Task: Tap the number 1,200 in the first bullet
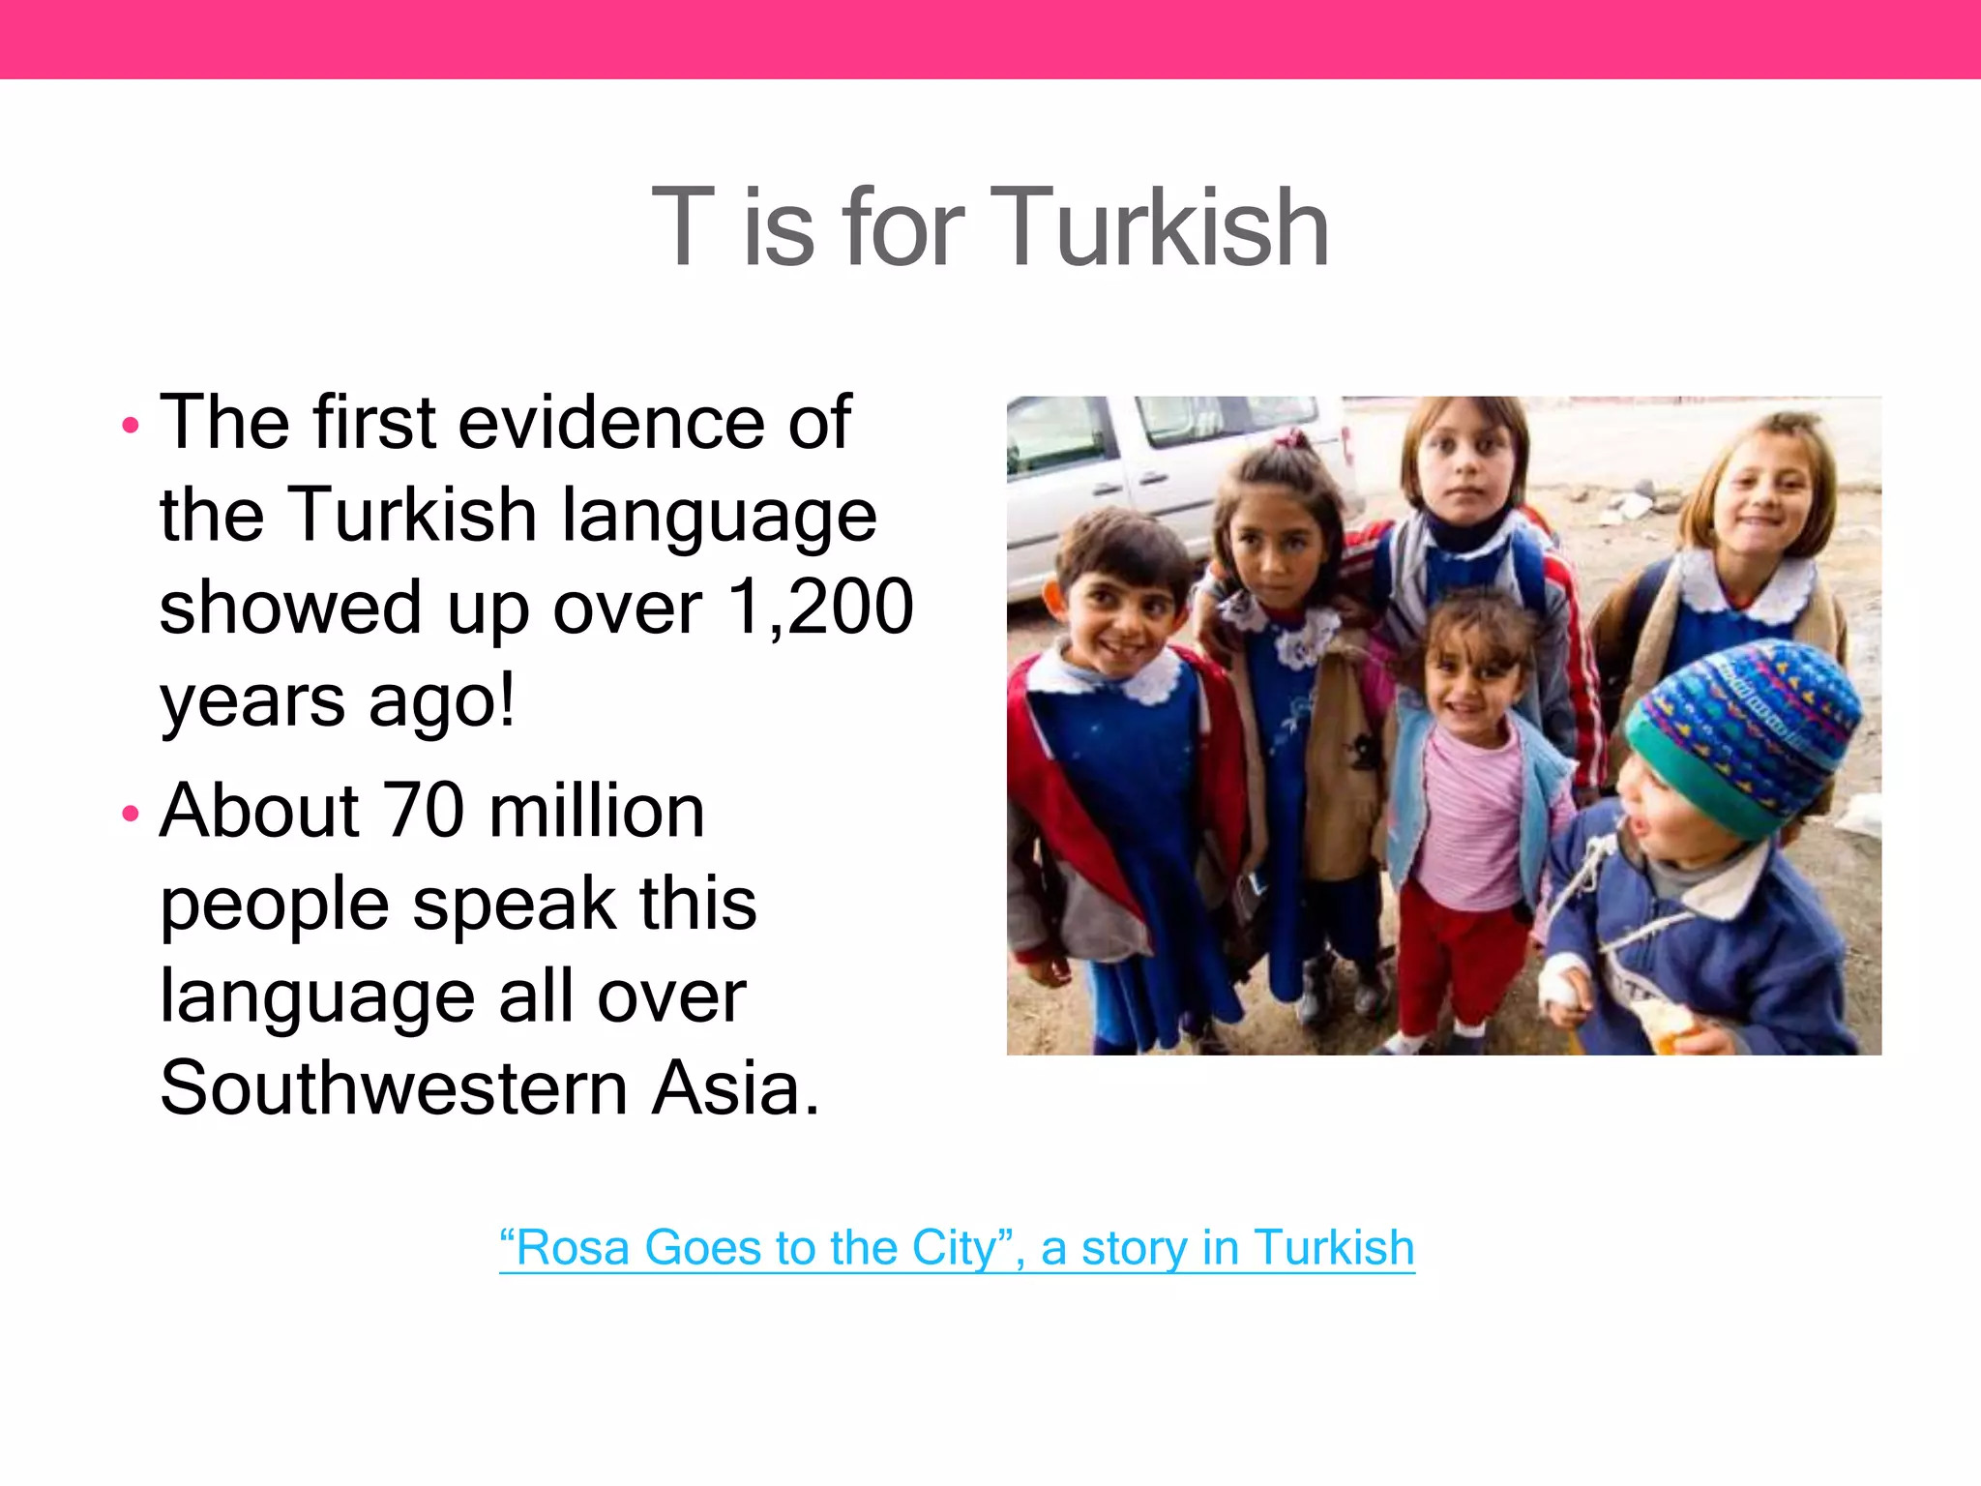(820, 607)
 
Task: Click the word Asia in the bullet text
(735, 1087)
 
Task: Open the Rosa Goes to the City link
(957, 1247)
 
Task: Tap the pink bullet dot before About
(131, 815)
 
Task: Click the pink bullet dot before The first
(131, 425)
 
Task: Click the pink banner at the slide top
(990, 39)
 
